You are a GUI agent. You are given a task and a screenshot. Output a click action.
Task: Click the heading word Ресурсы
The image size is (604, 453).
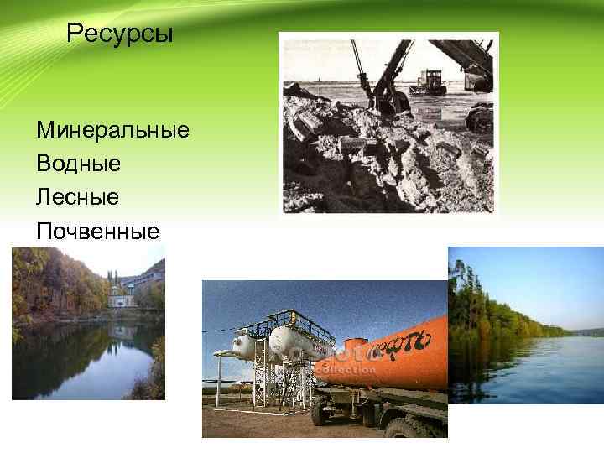click(x=119, y=34)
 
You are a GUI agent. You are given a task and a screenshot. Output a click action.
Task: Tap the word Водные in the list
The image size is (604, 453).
click(x=79, y=163)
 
